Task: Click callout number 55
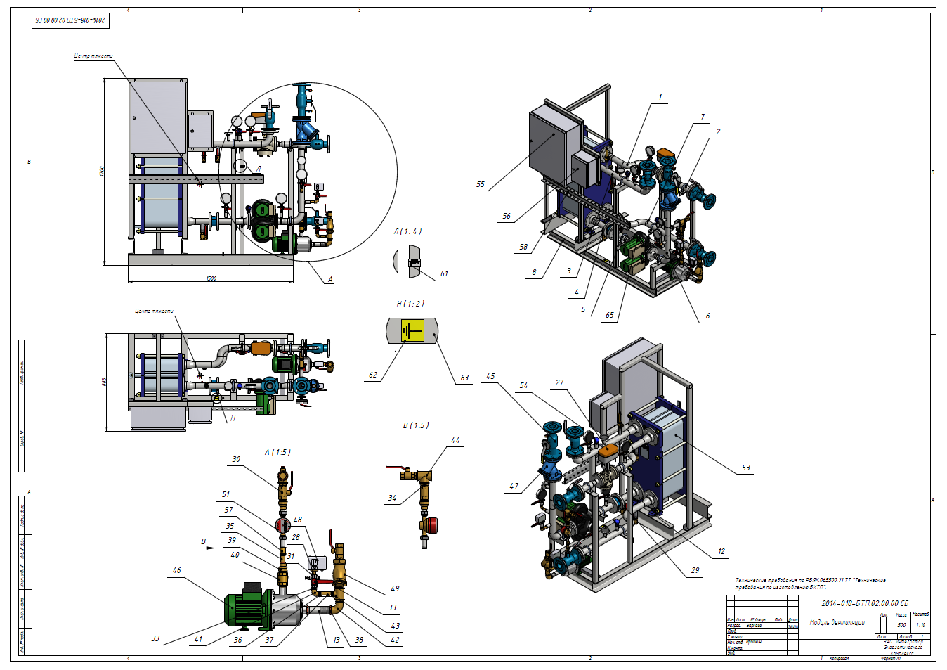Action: tap(481, 185)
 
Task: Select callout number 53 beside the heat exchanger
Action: tap(745, 468)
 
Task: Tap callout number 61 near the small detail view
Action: tap(444, 274)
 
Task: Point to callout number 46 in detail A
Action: tap(176, 571)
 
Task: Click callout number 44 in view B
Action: tap(455, 441)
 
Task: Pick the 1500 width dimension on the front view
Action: tap(211, 278)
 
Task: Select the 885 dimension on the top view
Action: tap(104, 382)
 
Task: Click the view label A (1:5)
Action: tap(277, 452)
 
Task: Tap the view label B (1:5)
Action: tap(416, 425)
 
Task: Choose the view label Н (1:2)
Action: tap(410, 304)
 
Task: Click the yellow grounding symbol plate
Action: tap(412, 330)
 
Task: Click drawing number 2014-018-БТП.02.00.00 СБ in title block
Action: tap(865, 603)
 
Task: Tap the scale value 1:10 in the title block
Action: tap(920, 624)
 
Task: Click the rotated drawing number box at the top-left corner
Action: tap(71, 20)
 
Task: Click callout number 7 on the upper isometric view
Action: tap(703, 117)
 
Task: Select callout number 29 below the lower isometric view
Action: tap(695, 570)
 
